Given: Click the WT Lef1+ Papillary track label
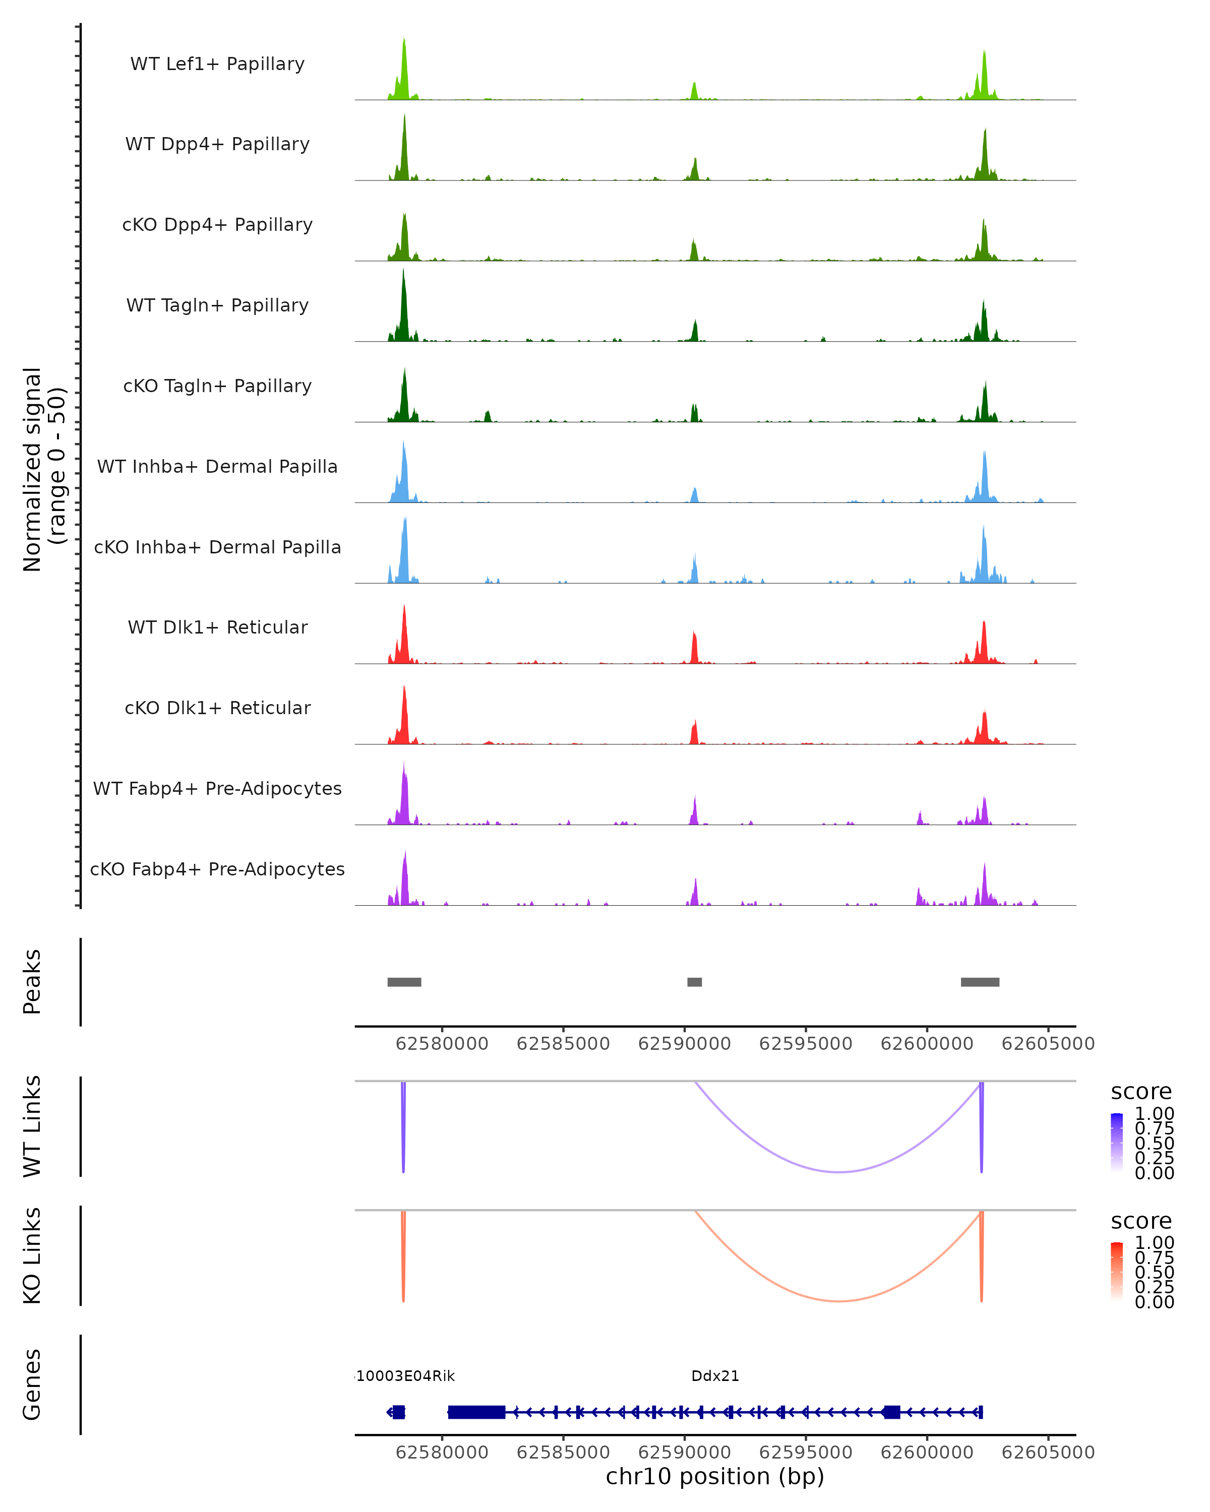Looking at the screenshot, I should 217,64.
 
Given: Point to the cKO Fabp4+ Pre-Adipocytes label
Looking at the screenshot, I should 217,869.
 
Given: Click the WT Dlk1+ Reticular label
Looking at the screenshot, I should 217,627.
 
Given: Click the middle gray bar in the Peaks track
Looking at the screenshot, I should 694,982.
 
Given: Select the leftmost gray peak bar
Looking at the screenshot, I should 404,982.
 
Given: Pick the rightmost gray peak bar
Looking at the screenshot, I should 980,982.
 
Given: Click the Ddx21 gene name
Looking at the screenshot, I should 715,1376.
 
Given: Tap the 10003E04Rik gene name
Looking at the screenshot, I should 405,1376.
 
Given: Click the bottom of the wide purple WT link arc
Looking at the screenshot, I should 839,1171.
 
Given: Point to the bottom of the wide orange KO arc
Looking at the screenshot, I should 839,1301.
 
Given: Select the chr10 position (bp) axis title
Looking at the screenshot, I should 715,1476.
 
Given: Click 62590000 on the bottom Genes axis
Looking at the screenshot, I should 685,1452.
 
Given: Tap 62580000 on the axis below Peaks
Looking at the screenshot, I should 442,1044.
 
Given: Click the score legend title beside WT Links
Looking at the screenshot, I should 1141,1092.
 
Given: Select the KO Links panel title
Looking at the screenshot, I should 32,1255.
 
